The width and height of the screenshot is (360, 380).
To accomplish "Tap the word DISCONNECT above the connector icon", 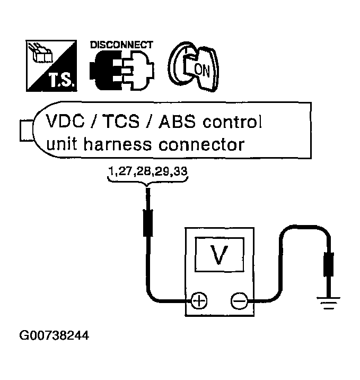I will click(x=122, y=45).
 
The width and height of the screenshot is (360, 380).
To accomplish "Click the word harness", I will click(x=117, y=144).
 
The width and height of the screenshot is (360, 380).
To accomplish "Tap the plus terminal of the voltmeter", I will click(x=199, y=301).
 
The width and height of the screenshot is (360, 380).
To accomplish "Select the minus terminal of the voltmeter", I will click(x=238, y=301).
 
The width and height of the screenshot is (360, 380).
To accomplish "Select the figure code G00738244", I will click(x=54, y=336).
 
